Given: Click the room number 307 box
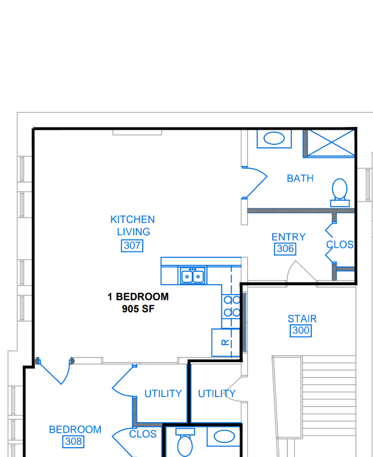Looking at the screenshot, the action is pos(132,246).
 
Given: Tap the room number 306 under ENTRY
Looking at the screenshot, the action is pos(285,249).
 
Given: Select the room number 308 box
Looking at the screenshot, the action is pos(73,441).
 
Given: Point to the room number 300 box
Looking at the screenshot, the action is pos(301,331).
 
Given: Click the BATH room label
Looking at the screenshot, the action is pos(300,178).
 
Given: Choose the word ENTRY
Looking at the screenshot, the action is pos(288,237).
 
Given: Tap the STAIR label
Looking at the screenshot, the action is pos(302,319).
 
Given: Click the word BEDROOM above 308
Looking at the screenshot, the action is pos(75,430).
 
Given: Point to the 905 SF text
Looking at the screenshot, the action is pos(138,309).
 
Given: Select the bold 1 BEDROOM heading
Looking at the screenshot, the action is pos(138,297).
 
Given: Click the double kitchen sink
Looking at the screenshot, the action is pos(192,276).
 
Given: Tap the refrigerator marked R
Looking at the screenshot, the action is pos(226,342).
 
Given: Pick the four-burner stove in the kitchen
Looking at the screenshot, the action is pos(231,306).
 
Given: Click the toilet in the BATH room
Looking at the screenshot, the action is pos(340,192).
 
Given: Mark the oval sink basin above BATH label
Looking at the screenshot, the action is pos(274,138).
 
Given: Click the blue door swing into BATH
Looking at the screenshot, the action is pos(255,182).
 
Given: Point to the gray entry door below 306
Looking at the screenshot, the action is pos(301,271).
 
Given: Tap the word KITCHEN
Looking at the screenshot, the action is pos(132,219).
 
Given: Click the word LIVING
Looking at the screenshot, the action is pos(133,232).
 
